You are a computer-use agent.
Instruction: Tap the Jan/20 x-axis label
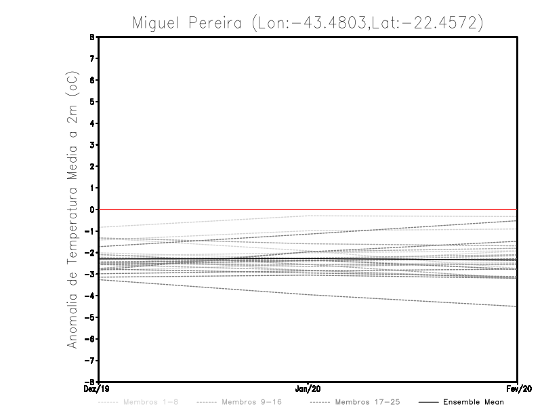[x=308, y=389]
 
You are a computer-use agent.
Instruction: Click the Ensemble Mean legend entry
[x=474, y=402]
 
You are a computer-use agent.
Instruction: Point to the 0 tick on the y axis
[x=92, y=209]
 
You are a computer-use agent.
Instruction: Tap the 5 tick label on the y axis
[x=92, y=102]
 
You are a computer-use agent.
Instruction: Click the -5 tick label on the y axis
[x=90, y=317]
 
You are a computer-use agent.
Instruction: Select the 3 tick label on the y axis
[x=92, y=145]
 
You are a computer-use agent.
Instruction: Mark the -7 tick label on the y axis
[x=90, y=361]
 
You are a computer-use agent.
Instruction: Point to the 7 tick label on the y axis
[x=92, y=59]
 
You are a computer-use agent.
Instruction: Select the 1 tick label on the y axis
[x=92, y=188]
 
